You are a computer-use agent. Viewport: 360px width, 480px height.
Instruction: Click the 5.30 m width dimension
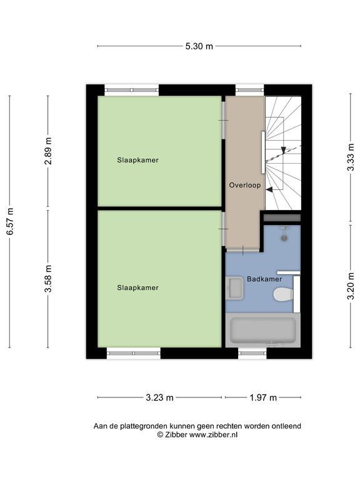(199, 46)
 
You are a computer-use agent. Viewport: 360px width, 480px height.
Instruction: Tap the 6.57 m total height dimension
(11, 221)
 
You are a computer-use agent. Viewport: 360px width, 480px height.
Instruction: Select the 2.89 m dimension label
(48, 151)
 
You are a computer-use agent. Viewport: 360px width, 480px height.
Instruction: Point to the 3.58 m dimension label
(48, 279)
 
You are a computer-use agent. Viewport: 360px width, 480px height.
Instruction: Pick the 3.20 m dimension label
(351, 286)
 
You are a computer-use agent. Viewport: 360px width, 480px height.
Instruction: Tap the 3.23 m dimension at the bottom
(159, 397)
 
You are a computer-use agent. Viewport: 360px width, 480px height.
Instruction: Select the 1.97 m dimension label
(263, 397)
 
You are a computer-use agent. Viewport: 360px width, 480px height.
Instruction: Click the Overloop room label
(245, 185)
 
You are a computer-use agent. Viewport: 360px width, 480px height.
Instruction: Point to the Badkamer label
(264, 279)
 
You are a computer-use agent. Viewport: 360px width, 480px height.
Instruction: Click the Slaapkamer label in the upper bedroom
(137, 160)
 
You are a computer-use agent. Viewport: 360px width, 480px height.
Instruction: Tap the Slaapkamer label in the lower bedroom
(137, 287)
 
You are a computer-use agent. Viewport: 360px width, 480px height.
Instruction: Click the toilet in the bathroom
(283, 295)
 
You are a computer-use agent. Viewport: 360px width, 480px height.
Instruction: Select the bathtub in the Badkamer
(263, 330)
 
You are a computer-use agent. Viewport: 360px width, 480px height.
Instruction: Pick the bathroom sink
(234, 288)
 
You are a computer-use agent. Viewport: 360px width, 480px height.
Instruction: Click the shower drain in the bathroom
(285, 238)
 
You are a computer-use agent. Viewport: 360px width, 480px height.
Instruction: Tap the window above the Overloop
(249, 90)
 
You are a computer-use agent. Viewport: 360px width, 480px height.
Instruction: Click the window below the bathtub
(252, 353)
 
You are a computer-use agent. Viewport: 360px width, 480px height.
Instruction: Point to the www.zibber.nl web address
(213, 435)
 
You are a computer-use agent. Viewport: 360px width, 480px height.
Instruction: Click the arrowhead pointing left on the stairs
(269, 189)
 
